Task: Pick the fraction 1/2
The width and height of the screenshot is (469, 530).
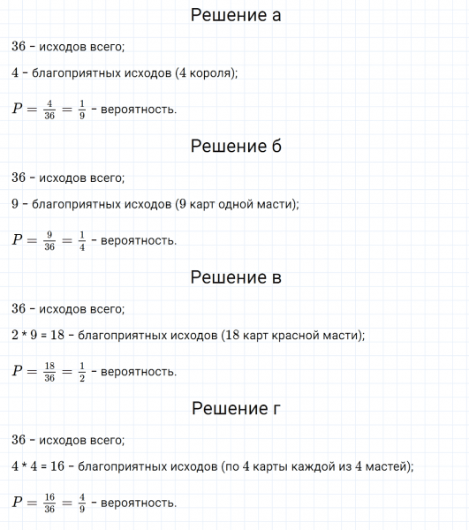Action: coord(82,371)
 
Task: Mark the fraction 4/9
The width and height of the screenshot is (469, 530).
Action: coord(82,503)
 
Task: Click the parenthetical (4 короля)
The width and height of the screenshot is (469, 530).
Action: coord(207,73)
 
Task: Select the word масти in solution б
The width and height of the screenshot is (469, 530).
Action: coord(274,204)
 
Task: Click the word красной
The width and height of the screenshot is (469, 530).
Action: coord(302,336)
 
